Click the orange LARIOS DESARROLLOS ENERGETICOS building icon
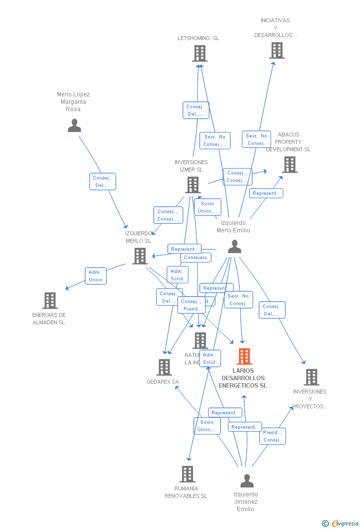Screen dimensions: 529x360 pyautogui.click(x=244, y=356)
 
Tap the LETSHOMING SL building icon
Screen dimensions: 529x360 pyautogui.click(x=199, y=53)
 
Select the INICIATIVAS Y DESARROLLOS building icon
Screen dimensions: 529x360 pyautogui.click(x=277, y=50)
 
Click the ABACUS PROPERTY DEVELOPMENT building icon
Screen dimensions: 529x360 pyautogui.click(x=290, y=165)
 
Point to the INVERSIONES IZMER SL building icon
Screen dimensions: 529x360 pyautogui.click(x=192, y=185)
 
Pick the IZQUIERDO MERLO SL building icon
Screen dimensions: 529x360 pyautogui.click(x=140, y=256)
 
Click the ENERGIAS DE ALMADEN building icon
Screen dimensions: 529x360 pyautogui.click(x=50, y=301)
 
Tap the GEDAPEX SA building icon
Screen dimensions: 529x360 pyautogui.click(x=164, y=367)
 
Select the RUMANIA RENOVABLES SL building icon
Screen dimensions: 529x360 pyautogui.click(x=187, y=474)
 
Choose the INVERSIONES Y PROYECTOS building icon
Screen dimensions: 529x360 pyautogui.click(x=311, y=377)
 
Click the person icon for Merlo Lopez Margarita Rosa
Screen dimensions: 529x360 pyautogui.click(x=74, y=126)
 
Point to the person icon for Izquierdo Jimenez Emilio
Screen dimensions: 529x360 pyautogui.click(x=246, y=481)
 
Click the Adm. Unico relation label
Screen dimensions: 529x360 pyautogui.click(x=95, y=276)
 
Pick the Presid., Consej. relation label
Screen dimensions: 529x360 pyautogui.click(x=272, y=436)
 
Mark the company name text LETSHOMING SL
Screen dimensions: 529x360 pyautogui.click(x=198, y=38)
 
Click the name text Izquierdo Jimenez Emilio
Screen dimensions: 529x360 pyautogui.click(x=246, y=501)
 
